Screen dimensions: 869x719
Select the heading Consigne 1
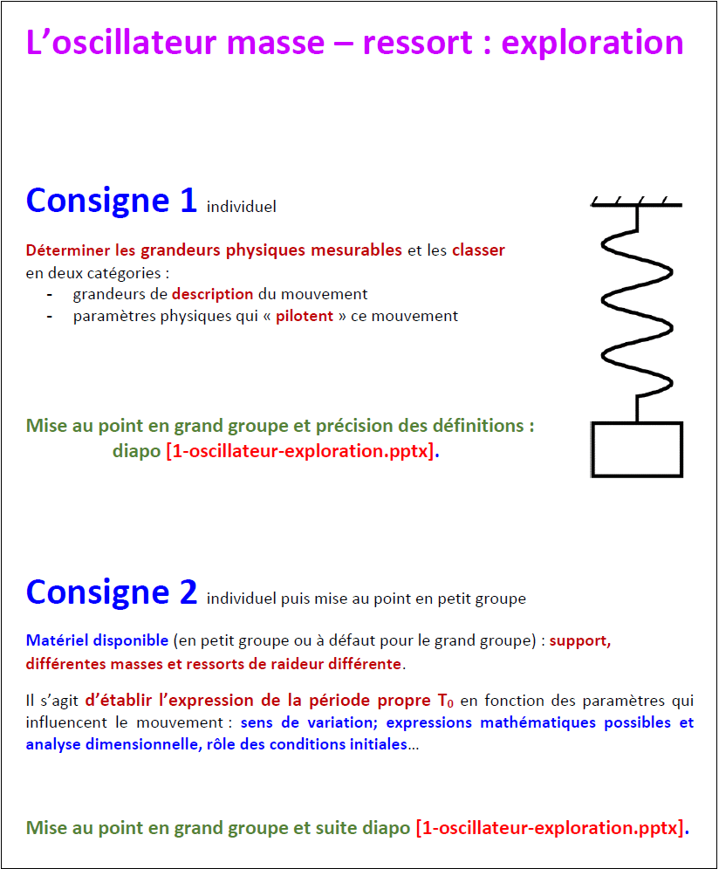[112, 201]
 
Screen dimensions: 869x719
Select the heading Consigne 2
[112, 592]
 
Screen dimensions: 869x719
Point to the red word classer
[478, 250]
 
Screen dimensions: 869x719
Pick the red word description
[212, 294]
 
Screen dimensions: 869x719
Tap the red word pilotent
[305, 316]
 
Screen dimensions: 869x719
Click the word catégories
[122, 272]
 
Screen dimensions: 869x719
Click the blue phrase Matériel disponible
[97, 640]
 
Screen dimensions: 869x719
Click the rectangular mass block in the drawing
[637, 449]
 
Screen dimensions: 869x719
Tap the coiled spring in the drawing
[638, 305]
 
